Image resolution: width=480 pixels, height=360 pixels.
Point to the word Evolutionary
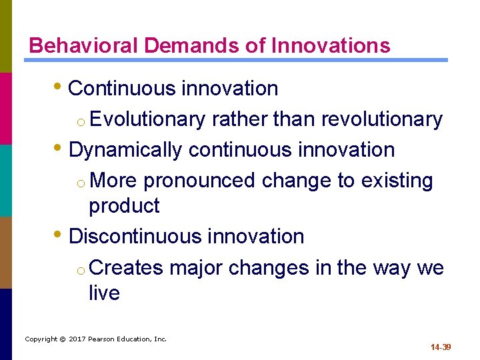(147, 119)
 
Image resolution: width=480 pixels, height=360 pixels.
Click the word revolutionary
(382, 119)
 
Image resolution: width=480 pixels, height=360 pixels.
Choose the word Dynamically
(125, 150)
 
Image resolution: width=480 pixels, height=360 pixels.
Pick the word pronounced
(199, 181)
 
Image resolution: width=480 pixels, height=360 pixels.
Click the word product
(124, 206)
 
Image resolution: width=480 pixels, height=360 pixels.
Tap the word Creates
(126, 267)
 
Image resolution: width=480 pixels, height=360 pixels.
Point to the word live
(104, 293)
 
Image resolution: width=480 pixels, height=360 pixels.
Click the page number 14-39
(441, 347)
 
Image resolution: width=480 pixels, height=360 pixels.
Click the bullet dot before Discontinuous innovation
(61, 236)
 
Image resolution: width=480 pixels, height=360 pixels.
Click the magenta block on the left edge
(6, 108)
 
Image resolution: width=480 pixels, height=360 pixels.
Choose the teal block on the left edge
(6, 180)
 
